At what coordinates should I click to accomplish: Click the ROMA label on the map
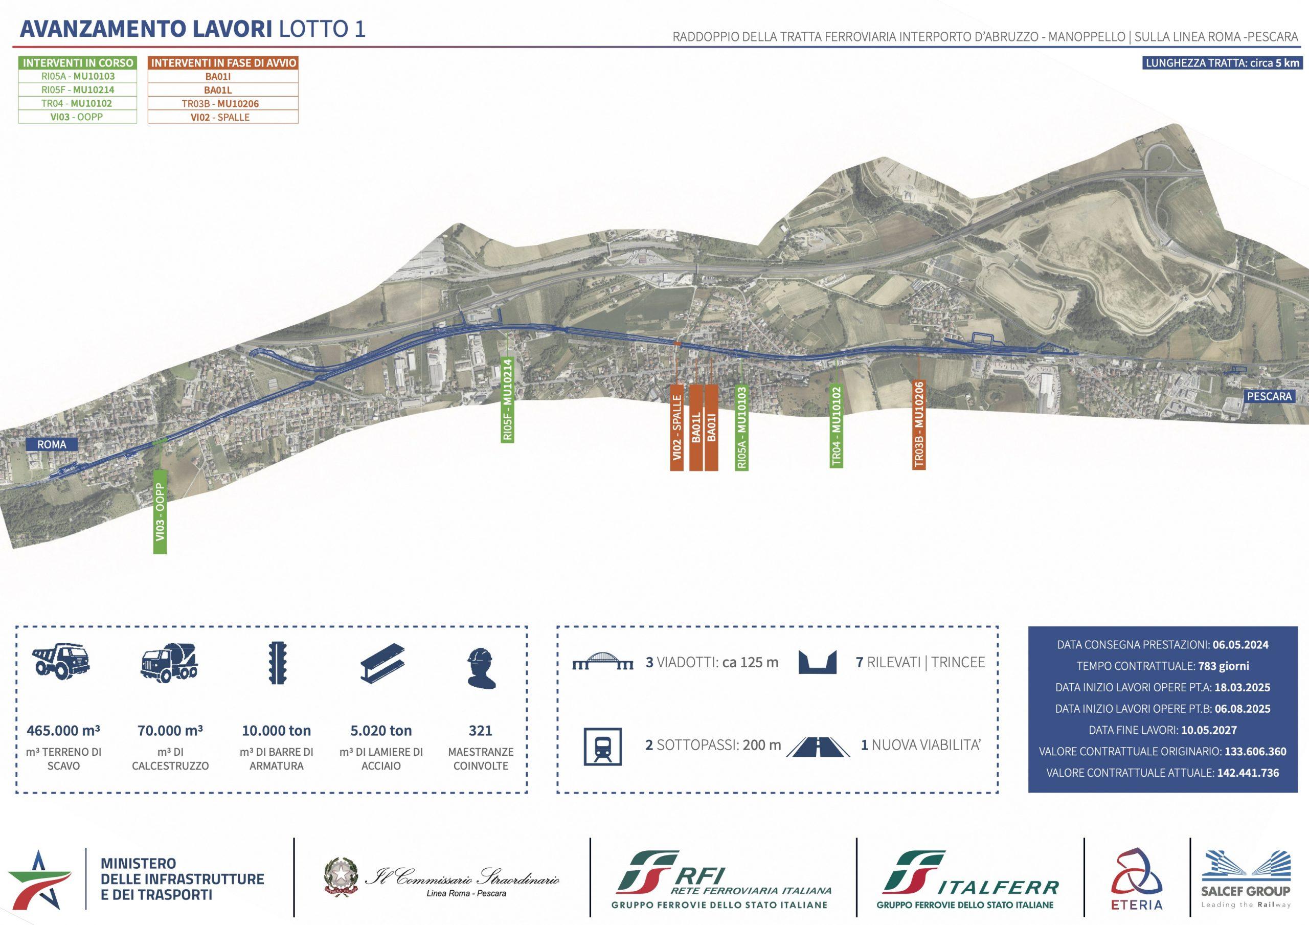coord(51,444)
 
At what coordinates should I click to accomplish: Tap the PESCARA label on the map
coord(1269,396)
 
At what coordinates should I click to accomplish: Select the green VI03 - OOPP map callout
coord(160,511)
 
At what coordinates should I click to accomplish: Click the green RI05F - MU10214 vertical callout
coord(508,399)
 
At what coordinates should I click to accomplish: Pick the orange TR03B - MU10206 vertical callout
coord(918,425)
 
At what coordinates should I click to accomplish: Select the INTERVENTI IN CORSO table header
coord(78,63)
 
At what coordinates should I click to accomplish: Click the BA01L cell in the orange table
coord(223,90)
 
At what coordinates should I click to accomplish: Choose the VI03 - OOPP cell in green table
coord(78,117)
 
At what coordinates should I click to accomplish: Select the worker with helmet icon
coord(480,667)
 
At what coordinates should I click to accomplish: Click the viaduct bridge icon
coord(603,662)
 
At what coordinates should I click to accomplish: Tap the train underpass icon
coord(603,746)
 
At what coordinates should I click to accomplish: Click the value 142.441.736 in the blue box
coord(1248,773)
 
